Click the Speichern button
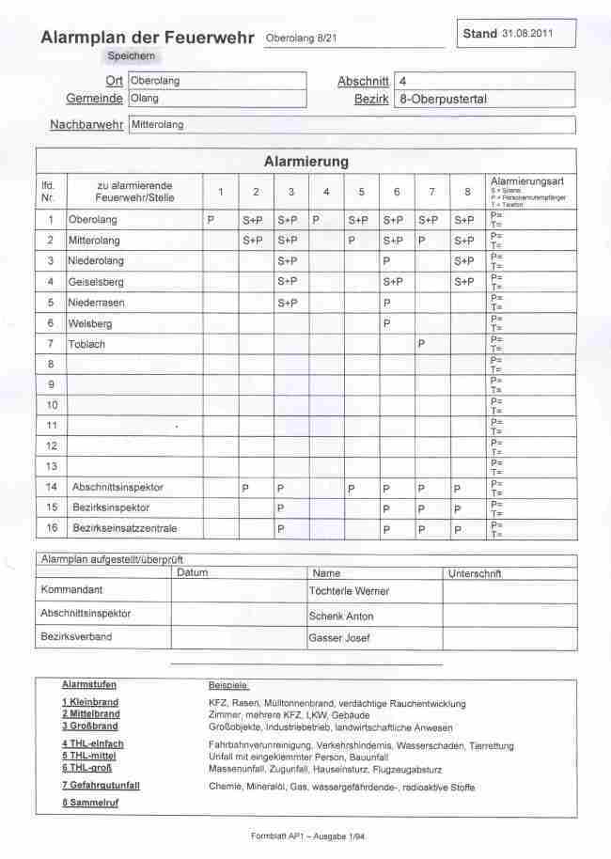coord(131,56)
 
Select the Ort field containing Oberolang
coord(217,81)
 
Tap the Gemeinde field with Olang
coord(217,98)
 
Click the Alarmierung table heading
coord(305,162)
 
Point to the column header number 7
coord(431,192)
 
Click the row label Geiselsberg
coord(96,281)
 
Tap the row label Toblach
coord(86,344)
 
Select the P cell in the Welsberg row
coord(386,323)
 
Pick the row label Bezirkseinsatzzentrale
coord(125,528)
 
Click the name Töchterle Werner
coord(349,592)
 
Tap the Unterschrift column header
coord(475,572)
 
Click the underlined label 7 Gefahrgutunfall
coord(101,785)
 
